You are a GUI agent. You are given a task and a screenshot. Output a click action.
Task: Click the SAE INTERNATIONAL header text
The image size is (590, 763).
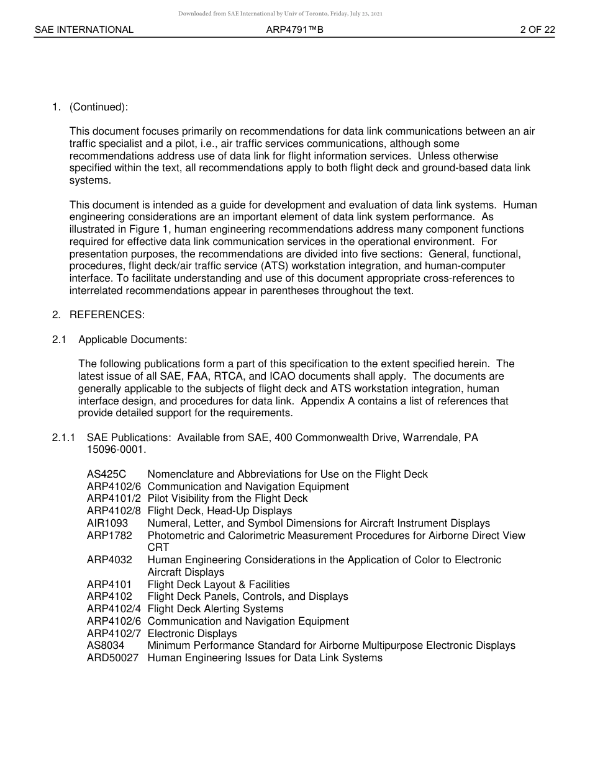(84, 30)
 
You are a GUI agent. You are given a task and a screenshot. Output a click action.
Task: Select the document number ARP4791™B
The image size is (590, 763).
(295, 30)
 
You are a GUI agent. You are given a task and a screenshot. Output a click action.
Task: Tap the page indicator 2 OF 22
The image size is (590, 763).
(537, 30)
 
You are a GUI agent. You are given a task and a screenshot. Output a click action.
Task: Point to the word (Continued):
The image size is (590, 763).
(99, 107)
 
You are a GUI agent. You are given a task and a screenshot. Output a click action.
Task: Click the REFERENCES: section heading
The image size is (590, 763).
(107, 315)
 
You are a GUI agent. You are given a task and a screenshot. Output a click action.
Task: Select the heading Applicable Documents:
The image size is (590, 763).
(132, 339)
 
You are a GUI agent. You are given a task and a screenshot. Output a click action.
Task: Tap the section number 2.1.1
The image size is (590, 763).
(63, 437)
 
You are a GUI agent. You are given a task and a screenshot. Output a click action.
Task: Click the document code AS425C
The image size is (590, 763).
(106, 474)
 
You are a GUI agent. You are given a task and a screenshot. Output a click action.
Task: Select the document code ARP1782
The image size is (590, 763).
(109, 535)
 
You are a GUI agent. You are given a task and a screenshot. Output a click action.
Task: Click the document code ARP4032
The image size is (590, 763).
(109, 560)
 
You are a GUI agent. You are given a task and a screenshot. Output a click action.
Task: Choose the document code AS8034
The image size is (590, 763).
(106, 645)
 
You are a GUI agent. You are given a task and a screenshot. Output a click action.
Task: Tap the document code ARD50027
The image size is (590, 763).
(112, 658)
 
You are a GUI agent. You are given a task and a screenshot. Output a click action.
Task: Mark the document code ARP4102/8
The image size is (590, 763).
(114, 511)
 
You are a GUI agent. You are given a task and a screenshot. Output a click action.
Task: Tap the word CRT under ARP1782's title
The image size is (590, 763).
(158, 547)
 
